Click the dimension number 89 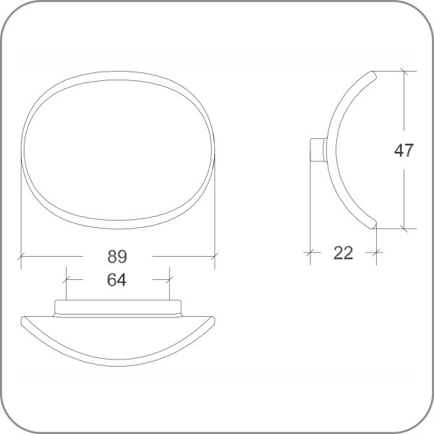(x=117, y=257)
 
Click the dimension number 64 (x=116, y=280)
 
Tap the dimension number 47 (x=404, y=150)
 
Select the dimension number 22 (x=343, y=253)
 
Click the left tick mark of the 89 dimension (x=21, y=257)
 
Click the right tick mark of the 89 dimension (x=215, y=257)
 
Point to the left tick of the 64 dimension (x=66, y=279)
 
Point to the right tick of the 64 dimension (x=169, y=279)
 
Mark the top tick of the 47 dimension (x=404, y=72)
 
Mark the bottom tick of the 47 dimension (x=404, y=229)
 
